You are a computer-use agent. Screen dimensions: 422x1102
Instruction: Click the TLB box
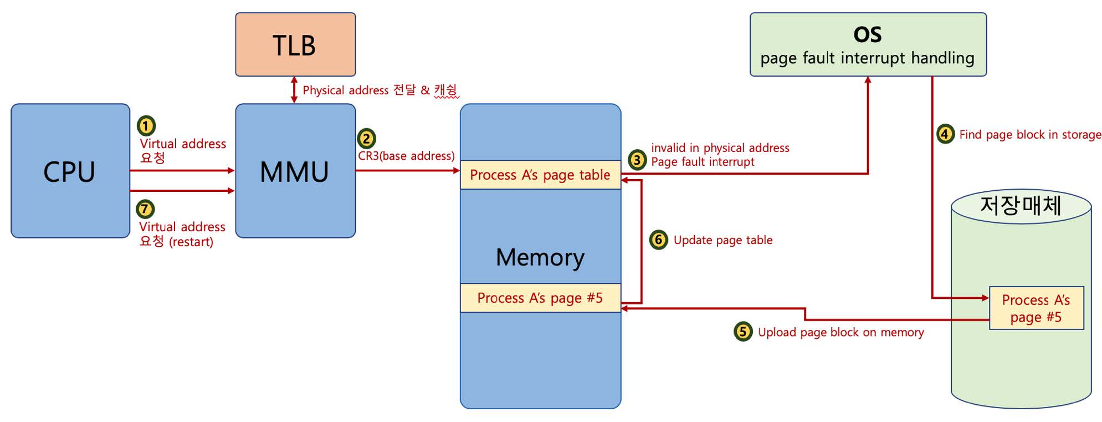[x=295, y=44]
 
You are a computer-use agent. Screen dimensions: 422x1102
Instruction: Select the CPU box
[x=70, y=171]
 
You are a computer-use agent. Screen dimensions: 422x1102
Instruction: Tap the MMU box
[x=295, y=171]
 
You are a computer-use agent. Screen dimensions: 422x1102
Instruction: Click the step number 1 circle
[x=146, y=126]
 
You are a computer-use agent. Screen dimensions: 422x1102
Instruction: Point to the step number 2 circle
[x=366, y=138]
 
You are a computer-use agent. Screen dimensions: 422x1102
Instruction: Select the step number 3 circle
[x=637, y=160]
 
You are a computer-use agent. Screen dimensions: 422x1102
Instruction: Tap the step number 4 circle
[x=945, y=134]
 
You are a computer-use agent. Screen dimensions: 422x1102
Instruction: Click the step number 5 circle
[x=743, y=332]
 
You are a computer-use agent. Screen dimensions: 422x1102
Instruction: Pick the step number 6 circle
[x=658, y=240]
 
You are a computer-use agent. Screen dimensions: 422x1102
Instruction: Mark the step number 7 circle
[x=145, y=209]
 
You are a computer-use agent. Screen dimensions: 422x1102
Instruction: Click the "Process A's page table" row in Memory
[x=540, y=175]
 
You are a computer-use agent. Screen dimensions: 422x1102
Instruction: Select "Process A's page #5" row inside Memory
[x=540, y=298]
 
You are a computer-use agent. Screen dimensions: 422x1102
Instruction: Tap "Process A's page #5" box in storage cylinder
[x=1036, y=308]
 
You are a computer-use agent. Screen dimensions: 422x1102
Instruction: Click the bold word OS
[x=868, y=35]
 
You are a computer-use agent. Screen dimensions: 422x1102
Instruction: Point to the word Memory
[x=540, y=257]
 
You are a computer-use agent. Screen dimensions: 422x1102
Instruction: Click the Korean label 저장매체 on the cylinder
[x=1021, y=206]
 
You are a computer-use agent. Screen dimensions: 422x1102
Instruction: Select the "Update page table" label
[x=722, y=240]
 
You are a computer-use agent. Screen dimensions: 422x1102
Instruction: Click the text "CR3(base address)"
[x=406, y=156]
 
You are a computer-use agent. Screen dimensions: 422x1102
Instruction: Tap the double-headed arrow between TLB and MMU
[x=294, y=90]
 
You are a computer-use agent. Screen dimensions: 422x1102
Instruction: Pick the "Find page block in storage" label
[x=1030, y=135]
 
